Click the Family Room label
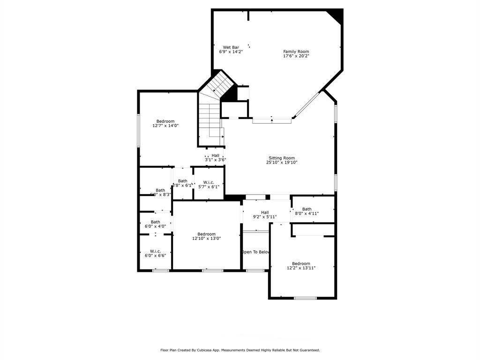(296, 52)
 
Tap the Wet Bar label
(231, 47)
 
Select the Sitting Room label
(282, 158)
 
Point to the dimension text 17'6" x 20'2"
(296, 56)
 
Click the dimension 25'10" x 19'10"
(282, 163)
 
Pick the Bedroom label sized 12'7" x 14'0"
(165, 121)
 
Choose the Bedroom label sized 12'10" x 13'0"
(206, 234)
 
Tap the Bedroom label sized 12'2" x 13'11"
(301, 263)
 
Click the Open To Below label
(256, 252)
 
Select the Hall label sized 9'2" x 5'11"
(265, 212)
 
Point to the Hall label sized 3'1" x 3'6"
(215, 156)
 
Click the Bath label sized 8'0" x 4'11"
(307, 209)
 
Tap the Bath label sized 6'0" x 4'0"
(155, 222)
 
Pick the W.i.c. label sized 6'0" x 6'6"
(155, 251)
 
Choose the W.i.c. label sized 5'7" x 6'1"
(209, 182)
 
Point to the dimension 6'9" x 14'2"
(231, 52)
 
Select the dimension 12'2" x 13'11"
(301, 268)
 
